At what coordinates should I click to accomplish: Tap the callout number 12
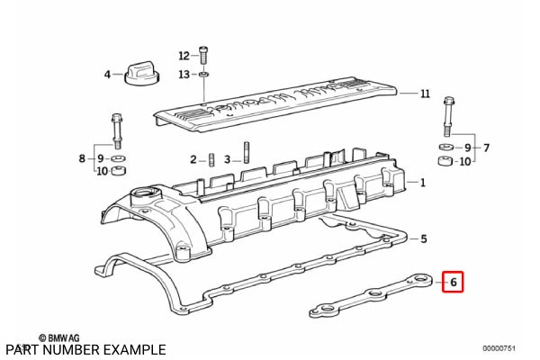click(184, 55)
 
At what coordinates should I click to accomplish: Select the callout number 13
click(184, 74)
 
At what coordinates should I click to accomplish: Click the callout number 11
click(425, 94)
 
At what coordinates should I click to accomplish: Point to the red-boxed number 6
click(454, 283)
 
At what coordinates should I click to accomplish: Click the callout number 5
click(425, 238)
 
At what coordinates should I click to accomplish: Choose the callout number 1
click(422, 183)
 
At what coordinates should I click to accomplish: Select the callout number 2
click(193, 159)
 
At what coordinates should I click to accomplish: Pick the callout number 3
click(227, 159)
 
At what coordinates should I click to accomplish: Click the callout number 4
click(107, 74)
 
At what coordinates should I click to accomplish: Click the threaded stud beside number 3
click(244, 154)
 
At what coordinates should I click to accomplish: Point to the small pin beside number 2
click(209, 160)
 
